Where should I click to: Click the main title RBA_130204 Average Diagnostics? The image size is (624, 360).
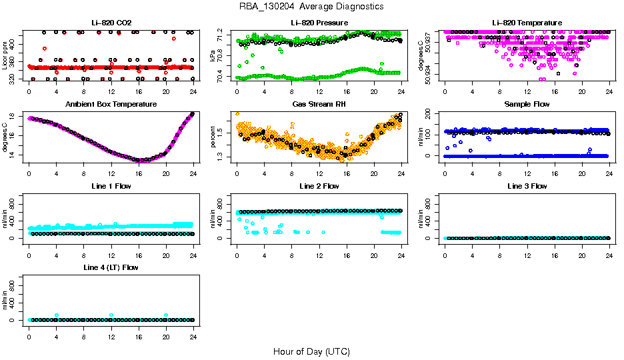(x=312, y=6)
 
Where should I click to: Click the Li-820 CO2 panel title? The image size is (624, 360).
(x=111, y=23)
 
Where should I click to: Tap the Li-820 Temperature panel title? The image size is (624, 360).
(x=527, y=23)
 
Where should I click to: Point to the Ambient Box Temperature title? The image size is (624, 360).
(x=111, y=105)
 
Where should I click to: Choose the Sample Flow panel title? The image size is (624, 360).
(x=527, y=105)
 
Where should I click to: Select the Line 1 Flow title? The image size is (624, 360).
(x=111, y=186)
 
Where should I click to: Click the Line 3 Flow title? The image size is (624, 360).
(x=527, y=186)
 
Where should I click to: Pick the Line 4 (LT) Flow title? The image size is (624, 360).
(x=111, y=267)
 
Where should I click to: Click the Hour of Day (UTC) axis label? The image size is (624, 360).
(x=311, y=351)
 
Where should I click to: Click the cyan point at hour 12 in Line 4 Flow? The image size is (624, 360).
(x=111, y=315)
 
